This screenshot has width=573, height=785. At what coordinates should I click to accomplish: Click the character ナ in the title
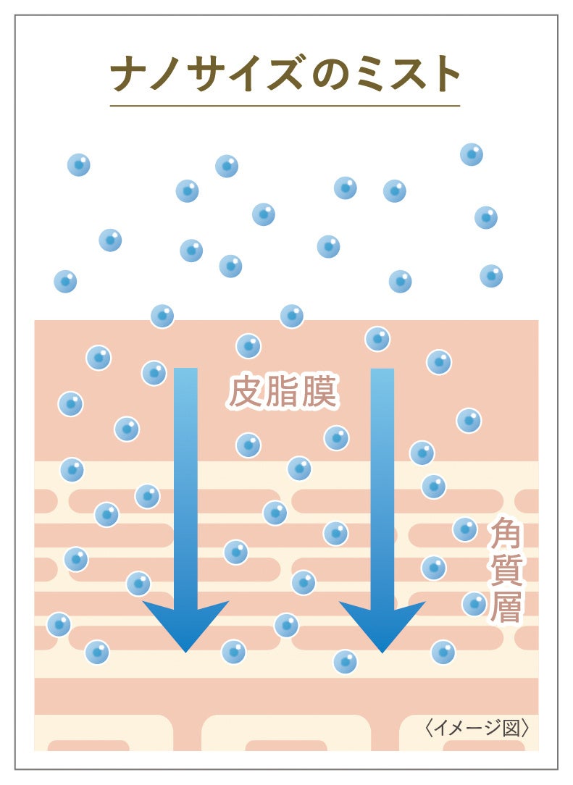130,73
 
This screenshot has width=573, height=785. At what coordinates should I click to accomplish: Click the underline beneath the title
285,106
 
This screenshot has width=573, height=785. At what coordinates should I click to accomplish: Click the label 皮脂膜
282,393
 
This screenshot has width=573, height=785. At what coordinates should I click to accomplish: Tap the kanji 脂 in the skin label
282,393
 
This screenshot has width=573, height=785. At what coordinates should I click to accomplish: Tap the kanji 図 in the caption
511,726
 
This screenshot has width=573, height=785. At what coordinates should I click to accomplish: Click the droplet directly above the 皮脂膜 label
248,345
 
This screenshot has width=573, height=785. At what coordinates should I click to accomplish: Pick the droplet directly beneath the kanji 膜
336,437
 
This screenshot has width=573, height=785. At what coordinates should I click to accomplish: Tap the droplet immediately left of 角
465,529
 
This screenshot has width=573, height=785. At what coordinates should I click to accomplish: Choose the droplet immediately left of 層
474,603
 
